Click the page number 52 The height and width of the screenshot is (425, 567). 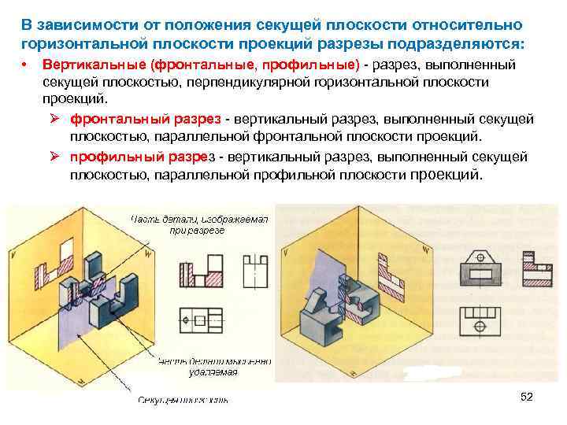[527, 397]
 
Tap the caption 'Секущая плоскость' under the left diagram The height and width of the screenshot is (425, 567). [183, 400]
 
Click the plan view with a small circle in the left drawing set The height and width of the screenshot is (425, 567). [202, 321]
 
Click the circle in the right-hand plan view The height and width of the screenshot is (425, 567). [480, 325]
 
